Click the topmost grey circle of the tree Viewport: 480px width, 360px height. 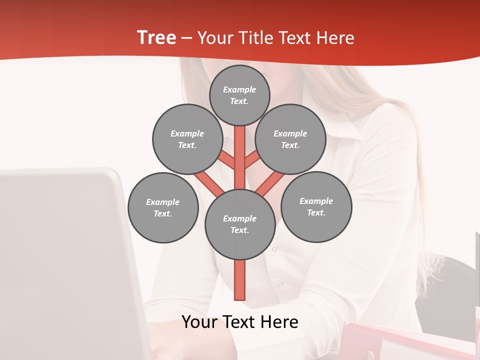click(239, 95)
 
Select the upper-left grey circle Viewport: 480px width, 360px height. click(187, 139)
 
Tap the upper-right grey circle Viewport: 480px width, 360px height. click(290, 139)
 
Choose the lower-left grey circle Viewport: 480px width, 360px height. click(163, 207)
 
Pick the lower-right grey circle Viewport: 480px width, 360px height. click(316, 206)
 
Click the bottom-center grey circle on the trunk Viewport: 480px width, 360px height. click(240, 224)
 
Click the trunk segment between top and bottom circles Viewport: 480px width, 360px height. click(240, 150)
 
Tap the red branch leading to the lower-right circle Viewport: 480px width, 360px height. click(270, 182)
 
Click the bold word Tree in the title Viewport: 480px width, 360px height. click(156, 38)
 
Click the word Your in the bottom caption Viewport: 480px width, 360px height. click(198, 322)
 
